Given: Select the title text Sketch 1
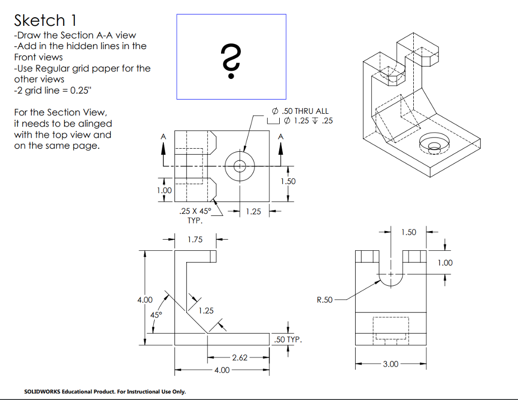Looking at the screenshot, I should click(46, 20).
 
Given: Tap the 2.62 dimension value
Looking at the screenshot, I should click(239, 358).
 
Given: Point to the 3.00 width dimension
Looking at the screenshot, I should click(391, 363).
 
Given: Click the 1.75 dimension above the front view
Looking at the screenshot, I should click(195, 239).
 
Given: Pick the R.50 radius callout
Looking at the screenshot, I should click(325, 300).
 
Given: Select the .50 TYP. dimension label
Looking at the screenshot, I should click(287, 340).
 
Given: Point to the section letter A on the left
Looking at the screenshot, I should click(163, 137).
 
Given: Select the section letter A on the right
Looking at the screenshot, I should click(281, 137).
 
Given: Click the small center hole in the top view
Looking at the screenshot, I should click(239, 166).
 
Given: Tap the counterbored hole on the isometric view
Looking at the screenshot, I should click(434, 145).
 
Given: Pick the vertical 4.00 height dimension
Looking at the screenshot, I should click(145, 300).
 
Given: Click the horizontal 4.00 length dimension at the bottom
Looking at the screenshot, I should click(222, 370).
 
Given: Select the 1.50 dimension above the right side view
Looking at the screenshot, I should click(409, 232).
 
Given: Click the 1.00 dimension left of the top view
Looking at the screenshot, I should click(164, 190).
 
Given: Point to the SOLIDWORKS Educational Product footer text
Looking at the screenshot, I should click(105, 391).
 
